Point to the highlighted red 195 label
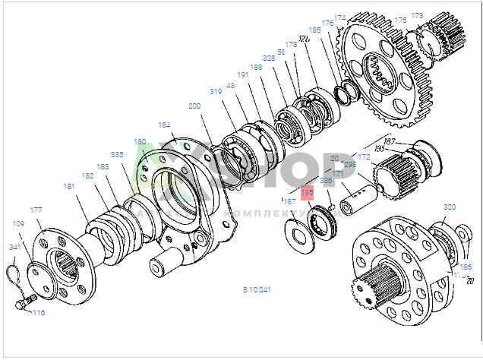[x=307, y=194]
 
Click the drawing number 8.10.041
[x=256, y=290]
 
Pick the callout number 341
[x=15, y=247]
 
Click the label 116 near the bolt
[x=39, y=312]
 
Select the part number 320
[x=450, y=207]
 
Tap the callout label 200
[x=194, y=106]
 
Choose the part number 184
[x=165, y=125]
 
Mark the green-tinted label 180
[x=140, y=142]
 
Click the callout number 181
[x=69, y=186]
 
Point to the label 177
[x=36, y=210]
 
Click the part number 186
[x=466, y=267]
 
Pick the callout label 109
[x=18, y=224]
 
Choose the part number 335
[x=117, y=154]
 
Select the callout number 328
[x=269, y=58]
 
